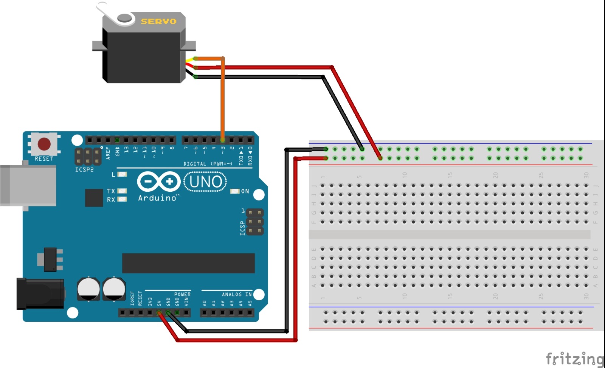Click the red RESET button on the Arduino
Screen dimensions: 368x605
point(44,144)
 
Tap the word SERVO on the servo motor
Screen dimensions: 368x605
point(158,22)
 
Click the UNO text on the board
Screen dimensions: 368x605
point(205,182)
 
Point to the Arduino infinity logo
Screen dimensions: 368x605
point(158,182)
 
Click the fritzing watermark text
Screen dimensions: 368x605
point(574,358)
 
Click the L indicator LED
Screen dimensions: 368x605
point(122,174)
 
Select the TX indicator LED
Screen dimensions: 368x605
point(122,191)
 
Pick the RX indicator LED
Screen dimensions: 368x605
point(122,199)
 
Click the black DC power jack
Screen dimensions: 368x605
point(40,293)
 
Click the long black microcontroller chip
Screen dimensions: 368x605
point(188,263)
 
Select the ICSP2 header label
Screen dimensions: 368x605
point(84,170)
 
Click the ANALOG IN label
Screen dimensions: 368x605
point(236,294)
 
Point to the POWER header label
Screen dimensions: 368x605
point(182,294)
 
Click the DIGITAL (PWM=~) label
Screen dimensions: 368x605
point(208,164)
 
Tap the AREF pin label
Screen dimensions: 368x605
point(108,153)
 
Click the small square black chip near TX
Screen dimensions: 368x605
point(94,197)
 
